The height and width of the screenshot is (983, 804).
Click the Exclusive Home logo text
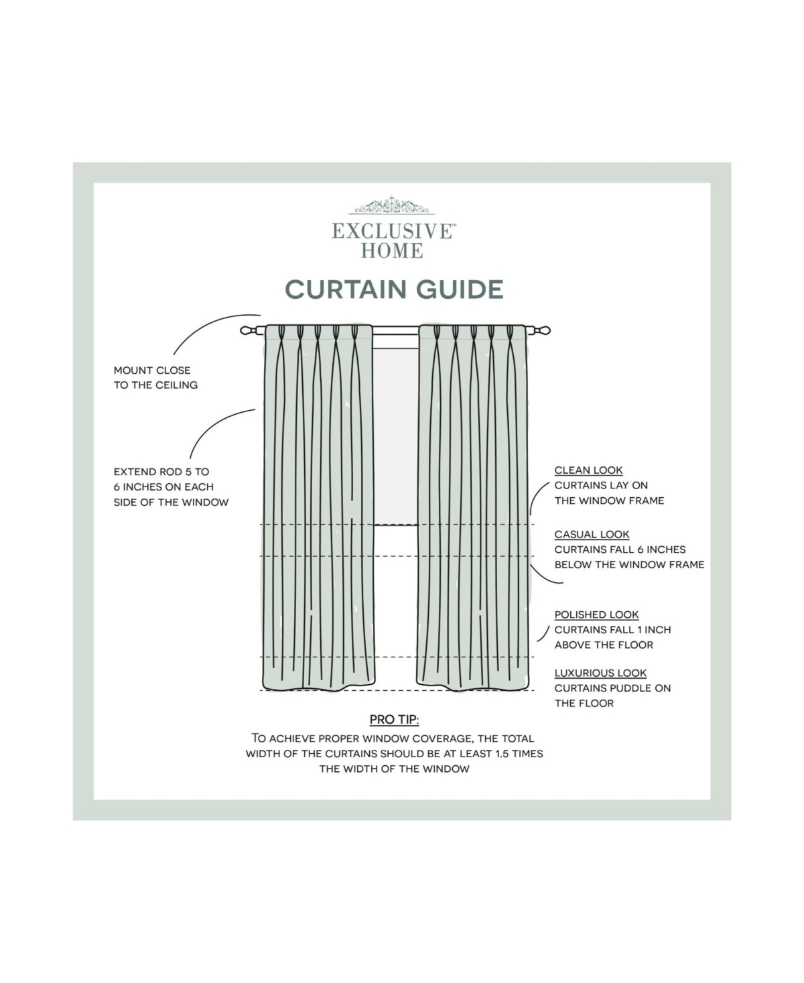point(394,241)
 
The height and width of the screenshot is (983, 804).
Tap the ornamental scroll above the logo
point(394,206)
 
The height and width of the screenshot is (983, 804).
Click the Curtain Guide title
point(394,289)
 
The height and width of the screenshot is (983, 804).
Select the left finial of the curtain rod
point(248,330)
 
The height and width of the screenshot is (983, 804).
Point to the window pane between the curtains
point(395,436)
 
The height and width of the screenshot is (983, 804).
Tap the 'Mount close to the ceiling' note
point(155,377)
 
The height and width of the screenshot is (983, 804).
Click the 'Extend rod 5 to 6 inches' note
point(171,486)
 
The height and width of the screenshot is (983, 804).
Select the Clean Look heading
point(588,470)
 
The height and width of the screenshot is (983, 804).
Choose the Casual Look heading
point(592,534)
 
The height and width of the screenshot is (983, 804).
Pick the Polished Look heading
point(596,614)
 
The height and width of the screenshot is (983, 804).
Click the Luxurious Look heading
point(600,673)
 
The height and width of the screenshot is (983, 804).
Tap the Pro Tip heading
point(394,720)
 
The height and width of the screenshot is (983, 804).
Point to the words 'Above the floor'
point(604,645)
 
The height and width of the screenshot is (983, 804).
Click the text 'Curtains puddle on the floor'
point(612,696)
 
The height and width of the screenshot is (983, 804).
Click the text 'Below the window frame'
point(629,564)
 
